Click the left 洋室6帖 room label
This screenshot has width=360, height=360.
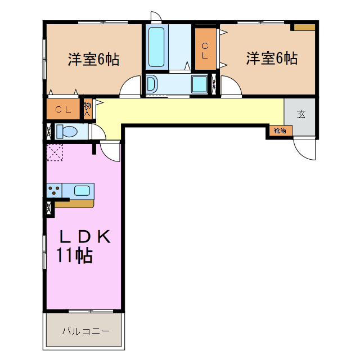coord(93,60)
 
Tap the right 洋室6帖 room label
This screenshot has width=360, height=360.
coord(272,58)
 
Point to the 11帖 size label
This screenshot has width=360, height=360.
coord(74,256)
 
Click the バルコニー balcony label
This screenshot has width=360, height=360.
coord(85,331)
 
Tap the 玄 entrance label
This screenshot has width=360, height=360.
coord(301,114)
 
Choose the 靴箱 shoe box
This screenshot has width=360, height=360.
coord(280,131)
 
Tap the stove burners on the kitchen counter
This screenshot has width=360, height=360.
coord(54,191)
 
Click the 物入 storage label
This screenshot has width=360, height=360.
coord(87,107)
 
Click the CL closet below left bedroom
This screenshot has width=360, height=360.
coord(63,110)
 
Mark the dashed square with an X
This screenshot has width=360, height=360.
coord(56,152)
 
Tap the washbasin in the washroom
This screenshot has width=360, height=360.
coord(151,84)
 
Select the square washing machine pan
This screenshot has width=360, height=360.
coord(200,84)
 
